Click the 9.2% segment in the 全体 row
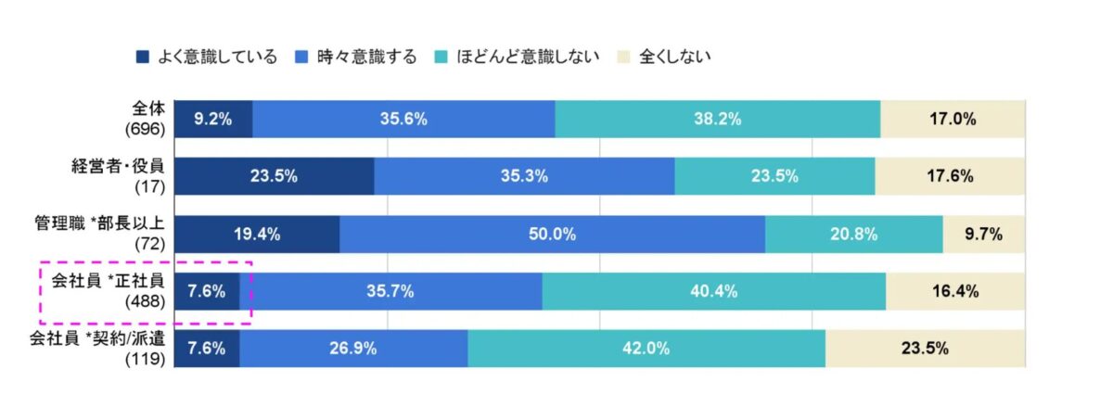tap(212, 119)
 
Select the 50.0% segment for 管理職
tap(552, 234)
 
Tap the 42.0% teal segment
tap(646, 349)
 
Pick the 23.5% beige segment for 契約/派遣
tap(924, 349)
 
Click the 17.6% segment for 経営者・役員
tap(950, 176)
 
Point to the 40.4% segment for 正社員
tap(713, 291)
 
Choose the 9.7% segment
tap(983, 234)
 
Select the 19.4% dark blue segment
tap(256, 234)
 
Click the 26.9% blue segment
tap(353, 349)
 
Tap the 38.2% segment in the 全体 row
tap(717, 119)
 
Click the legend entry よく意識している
tap(206, 57)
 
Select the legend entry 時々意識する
tap(358, 57)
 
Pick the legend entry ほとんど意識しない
tap(517, 57)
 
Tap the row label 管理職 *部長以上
tap(98, 223)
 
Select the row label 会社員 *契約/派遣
tap(98, 338)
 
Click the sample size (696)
tap(146, 129)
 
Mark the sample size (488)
tap(146, 301)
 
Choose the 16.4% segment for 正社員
tap(954, 291)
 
